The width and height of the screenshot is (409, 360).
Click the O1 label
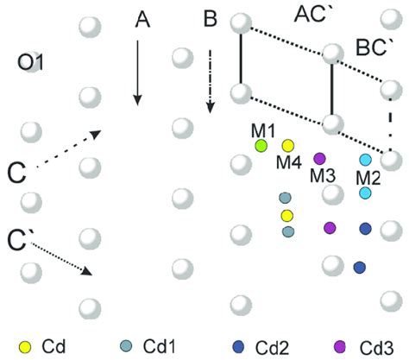click(34, 62)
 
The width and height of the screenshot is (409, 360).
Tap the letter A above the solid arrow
click(144, 18)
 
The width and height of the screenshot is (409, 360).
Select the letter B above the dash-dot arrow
click(211, 18)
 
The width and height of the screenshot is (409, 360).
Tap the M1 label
click(262, 130)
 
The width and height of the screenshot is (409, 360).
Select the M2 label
click(368, 178)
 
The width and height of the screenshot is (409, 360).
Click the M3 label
click(322, 175)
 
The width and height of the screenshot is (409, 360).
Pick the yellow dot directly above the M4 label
click(288, 145)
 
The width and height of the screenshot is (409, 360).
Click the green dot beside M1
click(261, 145)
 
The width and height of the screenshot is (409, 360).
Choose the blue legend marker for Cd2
click(237, 347)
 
